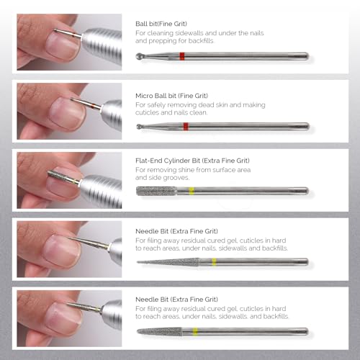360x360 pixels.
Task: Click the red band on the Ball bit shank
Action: pyautogui.click(x=182, y=56)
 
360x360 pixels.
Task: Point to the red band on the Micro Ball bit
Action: pyautogui.click(x=186, y=126)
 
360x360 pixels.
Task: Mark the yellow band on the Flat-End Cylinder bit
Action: pyautogui.click(x=192, y=192)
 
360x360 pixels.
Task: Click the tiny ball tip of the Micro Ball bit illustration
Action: pyautogui.click(x=138, y=126)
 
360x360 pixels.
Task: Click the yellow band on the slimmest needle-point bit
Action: pyautogui.click(x=214, y=261)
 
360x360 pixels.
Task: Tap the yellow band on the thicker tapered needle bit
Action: pyautogui.click(x=192, y=331)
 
